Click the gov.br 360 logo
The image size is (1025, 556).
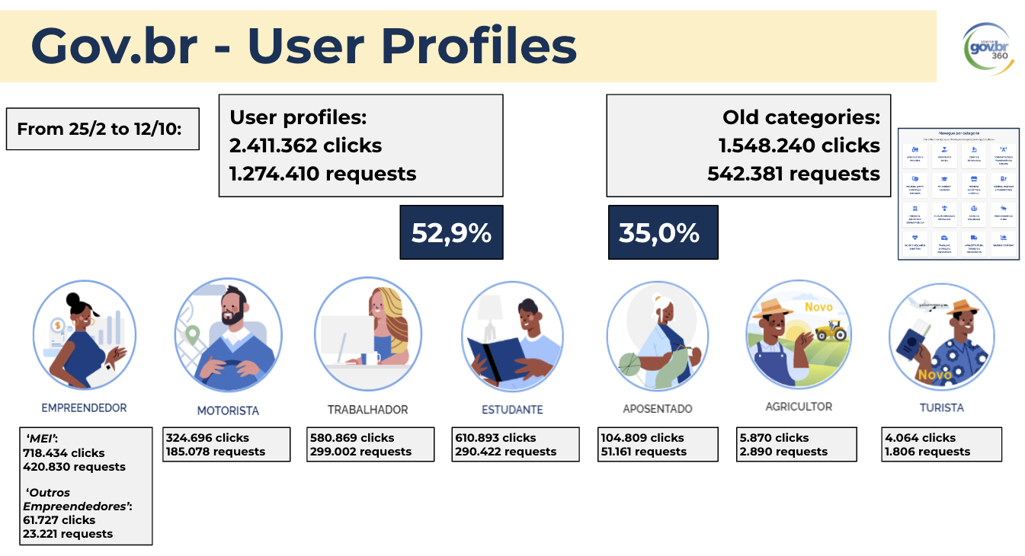986,47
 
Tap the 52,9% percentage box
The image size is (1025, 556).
451,232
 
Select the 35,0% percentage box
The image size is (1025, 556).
662,232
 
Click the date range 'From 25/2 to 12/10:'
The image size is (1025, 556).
102,129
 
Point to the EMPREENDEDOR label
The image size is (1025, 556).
84,408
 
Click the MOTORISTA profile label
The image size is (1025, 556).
228,411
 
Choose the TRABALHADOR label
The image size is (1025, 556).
367,410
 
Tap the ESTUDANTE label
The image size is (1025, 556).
512,410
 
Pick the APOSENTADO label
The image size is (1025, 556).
658,409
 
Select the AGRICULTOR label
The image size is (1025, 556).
799,407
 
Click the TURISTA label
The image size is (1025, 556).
941,407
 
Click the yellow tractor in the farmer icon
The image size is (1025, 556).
831,331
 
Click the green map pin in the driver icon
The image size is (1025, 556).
193,334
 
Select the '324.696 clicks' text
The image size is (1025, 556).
207,438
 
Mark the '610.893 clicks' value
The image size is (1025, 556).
495,438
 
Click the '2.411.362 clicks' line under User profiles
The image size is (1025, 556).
306,145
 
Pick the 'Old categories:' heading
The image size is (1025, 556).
801,118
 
